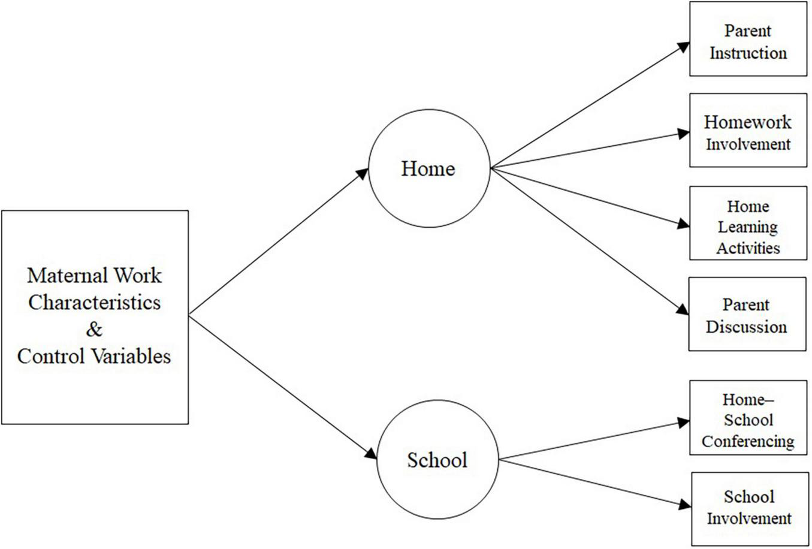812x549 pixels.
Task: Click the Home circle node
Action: [428, 168]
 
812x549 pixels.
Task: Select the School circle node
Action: [437, 460]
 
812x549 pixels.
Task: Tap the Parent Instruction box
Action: [748, 40]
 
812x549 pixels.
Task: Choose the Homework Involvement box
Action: [748, 131]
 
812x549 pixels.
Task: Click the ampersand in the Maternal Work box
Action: [94, 329]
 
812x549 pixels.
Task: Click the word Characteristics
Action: [94, 302]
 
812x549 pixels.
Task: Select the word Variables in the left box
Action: [131, 357]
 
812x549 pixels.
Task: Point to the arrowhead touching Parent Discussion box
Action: [683, 310]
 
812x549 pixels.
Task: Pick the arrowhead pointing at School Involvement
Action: [685, 505]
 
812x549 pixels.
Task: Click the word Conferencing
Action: [748, 442]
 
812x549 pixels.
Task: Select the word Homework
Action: [748, 122]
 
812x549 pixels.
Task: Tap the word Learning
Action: [748, 227]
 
